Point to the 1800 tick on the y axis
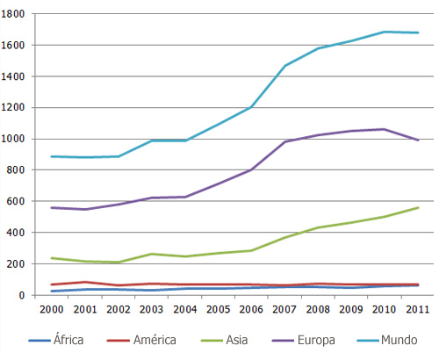pos(18,14)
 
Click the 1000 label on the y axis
pos(18,139)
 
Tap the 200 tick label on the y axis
pos(21,263)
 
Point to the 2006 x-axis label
pos(251,310)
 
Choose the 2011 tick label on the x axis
pos(416,310)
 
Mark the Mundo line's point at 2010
pos(383,32)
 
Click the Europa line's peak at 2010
pos(383,129)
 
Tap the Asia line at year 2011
pos(418,208)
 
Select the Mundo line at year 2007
pos(284,66)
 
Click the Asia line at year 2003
pos(152,254)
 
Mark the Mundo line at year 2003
pos(152,140)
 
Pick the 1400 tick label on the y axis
pos(18,76)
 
